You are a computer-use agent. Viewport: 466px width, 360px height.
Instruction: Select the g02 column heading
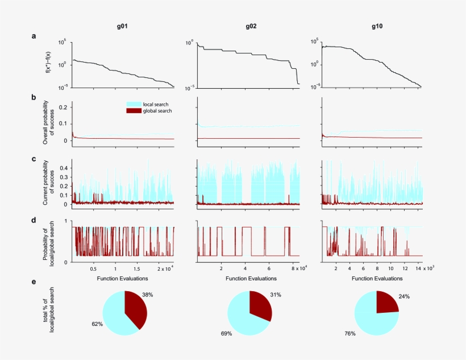[x=251, y=27]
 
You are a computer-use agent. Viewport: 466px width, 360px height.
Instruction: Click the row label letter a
[x=34, y=36]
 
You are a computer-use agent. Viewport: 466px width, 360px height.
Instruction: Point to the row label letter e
[x=34, y=282]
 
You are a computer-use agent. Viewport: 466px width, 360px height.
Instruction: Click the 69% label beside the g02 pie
[x=226, y=334]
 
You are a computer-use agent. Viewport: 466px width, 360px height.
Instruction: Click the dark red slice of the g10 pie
[x=386, y=303]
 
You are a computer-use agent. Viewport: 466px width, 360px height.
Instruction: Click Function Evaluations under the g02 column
[x=250, y=279]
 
